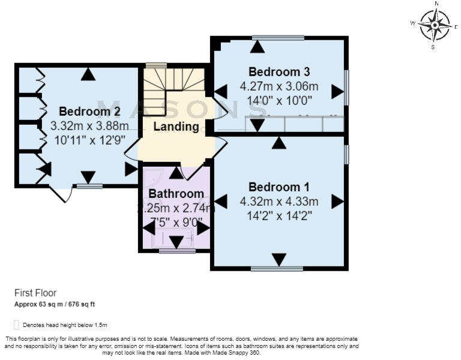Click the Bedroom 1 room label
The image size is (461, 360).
[279, 186]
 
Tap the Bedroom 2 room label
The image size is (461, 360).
[89, 111]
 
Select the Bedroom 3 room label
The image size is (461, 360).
[279, 71]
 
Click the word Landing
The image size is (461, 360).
[176, 127]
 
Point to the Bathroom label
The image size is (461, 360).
[176, 194]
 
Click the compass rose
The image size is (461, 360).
[435, 25]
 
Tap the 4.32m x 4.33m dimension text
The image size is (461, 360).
[279, 201]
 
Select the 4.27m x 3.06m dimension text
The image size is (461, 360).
[279, 86]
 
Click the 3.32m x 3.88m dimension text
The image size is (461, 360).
[89, 126]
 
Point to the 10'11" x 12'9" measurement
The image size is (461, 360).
[89, 140]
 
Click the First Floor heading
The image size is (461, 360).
[35, 293]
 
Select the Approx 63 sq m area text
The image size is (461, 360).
[55, 305]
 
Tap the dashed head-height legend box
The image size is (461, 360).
[16, 325]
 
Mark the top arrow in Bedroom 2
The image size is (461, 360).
[89, 74]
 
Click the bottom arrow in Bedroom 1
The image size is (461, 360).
[279, 259]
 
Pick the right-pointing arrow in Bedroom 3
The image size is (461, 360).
[337, 92]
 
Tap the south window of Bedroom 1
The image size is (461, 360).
[277, 269]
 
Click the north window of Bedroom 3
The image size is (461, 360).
[278, 37]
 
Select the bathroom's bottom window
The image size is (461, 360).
[177, 251]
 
